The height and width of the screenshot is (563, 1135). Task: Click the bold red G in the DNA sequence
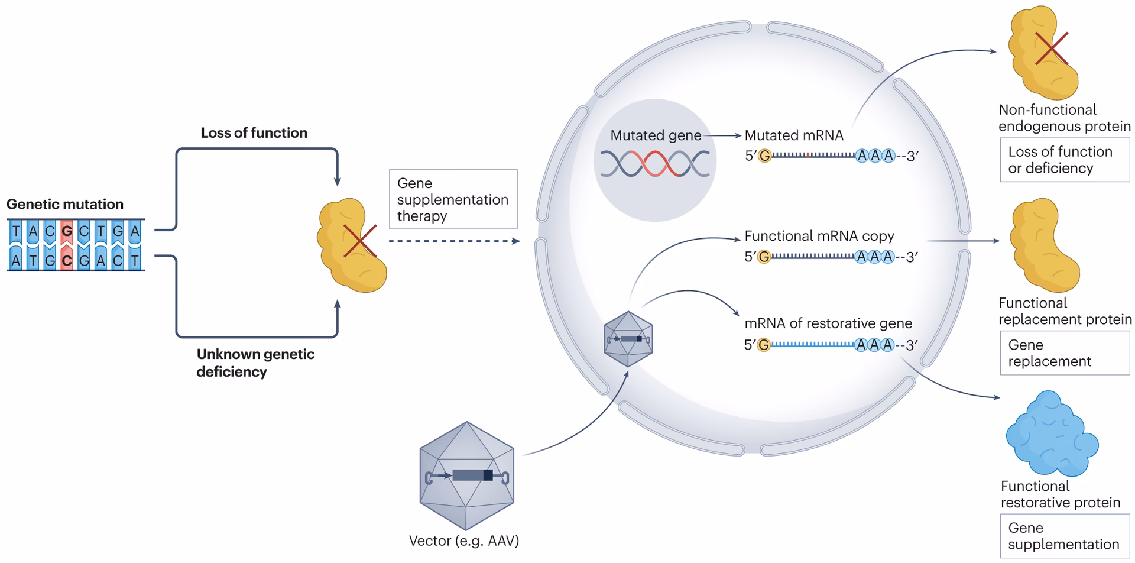67,231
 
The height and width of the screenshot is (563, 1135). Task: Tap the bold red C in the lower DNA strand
67,260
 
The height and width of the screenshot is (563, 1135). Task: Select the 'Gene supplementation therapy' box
453,199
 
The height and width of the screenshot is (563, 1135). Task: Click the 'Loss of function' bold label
254,133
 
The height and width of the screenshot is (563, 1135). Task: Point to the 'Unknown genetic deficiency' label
255,363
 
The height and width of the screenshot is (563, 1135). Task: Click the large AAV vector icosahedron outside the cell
466,475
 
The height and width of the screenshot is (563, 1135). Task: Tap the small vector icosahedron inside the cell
628,339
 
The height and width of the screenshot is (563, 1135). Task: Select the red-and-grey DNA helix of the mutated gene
655,164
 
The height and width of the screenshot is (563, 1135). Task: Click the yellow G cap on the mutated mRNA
765,156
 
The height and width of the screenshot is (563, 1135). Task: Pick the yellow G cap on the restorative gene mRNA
764,345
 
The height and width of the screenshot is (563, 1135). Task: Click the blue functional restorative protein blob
1051,435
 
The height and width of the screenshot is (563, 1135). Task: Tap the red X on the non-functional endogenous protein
1052,48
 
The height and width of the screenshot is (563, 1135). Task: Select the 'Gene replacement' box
1064,353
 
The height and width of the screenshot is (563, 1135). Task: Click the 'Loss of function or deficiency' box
1064,160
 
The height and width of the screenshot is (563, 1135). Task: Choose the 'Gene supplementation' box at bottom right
1064,536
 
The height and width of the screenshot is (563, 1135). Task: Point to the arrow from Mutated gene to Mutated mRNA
722,135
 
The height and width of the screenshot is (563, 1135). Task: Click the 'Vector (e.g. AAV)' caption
463,541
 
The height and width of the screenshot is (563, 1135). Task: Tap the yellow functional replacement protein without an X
1044,245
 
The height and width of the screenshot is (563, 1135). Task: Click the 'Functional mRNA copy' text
819,236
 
